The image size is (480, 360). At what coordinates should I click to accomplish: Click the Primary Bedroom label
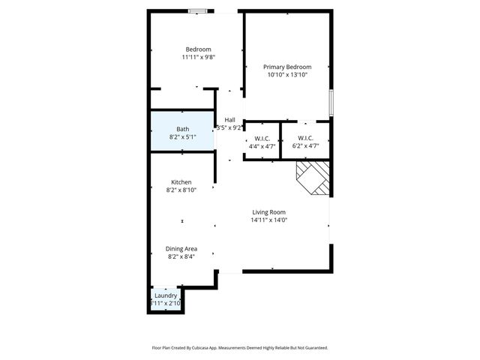[287, 67]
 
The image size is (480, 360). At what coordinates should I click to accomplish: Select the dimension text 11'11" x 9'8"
[199, 57]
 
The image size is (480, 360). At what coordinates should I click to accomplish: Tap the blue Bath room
[182, 131]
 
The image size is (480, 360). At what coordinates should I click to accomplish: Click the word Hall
[230, 120]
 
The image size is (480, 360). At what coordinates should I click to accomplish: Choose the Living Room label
[268, 211]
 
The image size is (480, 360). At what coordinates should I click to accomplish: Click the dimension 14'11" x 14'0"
[268, 220]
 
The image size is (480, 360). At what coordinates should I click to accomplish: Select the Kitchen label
[181, 182]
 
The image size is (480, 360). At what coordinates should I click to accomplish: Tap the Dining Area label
[181, 248]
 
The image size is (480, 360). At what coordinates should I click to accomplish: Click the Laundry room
[165, 299]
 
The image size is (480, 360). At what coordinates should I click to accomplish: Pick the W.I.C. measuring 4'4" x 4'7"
[262, 141]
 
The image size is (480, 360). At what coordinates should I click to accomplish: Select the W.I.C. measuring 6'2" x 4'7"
[304, 141]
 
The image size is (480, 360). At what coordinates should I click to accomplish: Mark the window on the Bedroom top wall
[199, 10]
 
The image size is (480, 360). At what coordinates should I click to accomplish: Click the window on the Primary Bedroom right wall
[331, 103]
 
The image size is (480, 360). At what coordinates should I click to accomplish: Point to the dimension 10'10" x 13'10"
[287, 75]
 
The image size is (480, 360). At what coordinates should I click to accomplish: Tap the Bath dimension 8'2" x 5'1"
[182, 137]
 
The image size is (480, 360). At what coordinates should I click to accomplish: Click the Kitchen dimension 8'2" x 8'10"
[181, 190]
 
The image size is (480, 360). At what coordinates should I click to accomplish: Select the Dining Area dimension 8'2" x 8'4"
[181, 256]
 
